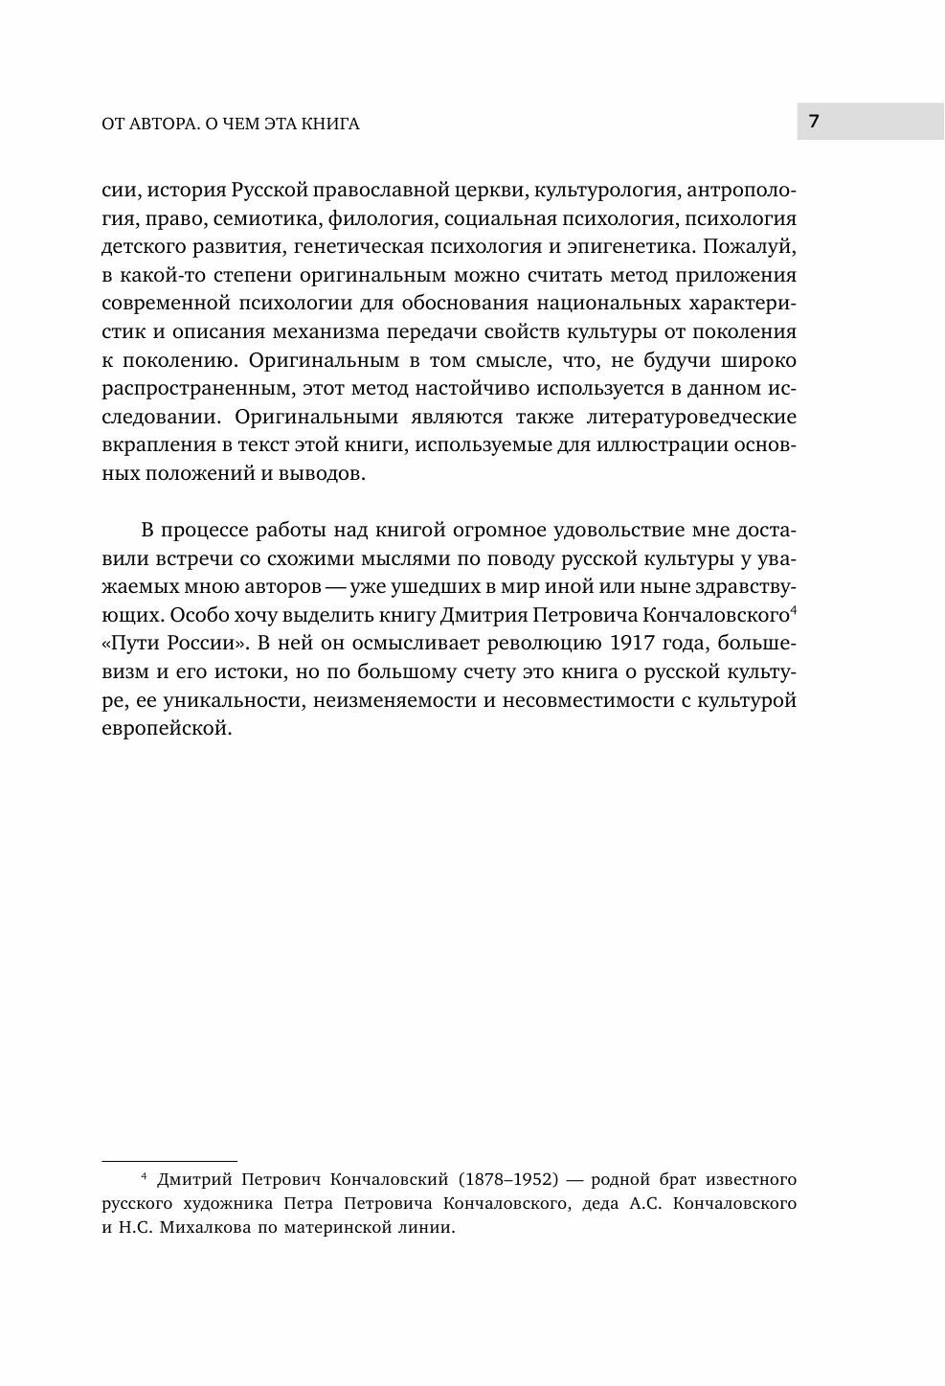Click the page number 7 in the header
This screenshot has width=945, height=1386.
pyautogui.click(x=814, y=121)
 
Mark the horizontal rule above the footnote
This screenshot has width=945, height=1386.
pyautogui.click(x=169, y=1160)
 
